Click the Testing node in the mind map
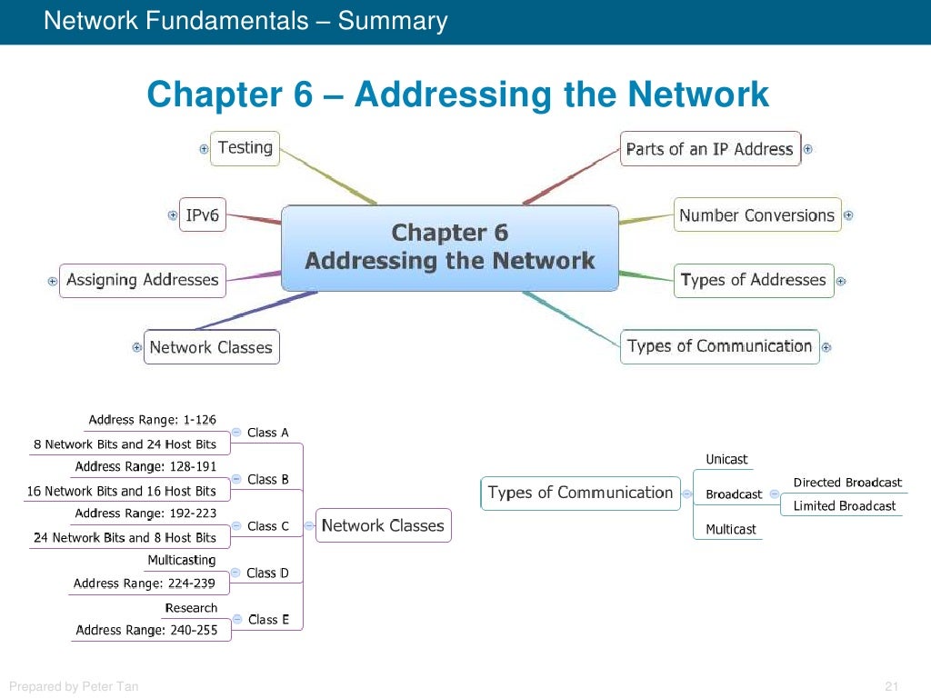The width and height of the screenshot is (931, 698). tap(245, 148)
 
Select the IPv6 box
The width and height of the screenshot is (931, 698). tap(202, 215)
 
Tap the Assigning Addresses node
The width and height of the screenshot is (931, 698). tap(143, 280)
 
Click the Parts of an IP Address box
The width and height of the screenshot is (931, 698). tap(710, 149)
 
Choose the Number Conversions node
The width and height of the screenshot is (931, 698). tap(756, 215)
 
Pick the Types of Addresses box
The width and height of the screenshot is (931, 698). tap(754, 280)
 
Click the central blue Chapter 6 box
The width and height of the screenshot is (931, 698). tap(450, 247)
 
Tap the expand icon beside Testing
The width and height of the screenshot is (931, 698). tap(204, 149)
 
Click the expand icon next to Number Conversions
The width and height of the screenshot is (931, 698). tap(848, 215)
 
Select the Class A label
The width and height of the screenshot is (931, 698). tap(268, 433)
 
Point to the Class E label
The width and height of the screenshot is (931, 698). tap(268, 619)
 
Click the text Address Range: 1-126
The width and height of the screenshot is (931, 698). tap(152, 420)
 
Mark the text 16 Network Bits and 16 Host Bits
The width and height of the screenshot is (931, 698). tap(122, 491)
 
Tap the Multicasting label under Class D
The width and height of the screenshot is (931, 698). tap(182, 560)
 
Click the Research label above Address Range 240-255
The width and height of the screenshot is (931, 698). tap(191, 607)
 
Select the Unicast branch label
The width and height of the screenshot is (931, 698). tap(727, 459)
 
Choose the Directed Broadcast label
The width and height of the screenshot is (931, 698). tap(847, 483)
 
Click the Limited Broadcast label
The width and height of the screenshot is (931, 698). tap(845, 505)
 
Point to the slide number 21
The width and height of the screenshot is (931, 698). tap(891, 686)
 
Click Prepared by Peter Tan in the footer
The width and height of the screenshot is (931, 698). tap(74, 686)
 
